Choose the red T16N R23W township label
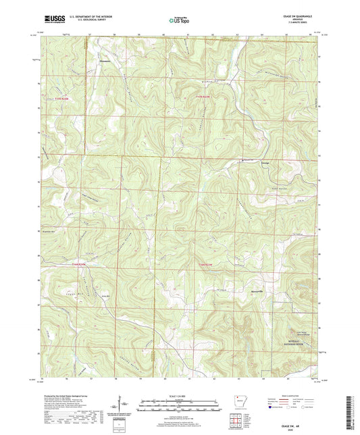tap(205, 264)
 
